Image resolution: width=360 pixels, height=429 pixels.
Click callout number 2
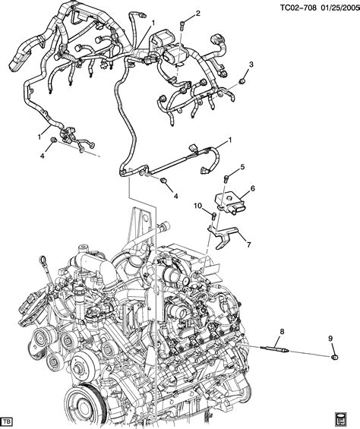[197, 14]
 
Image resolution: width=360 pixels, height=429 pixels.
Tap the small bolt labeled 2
[182, 27]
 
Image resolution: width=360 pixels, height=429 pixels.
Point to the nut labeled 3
[241, 79]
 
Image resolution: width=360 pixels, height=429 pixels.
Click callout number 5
[242, 167]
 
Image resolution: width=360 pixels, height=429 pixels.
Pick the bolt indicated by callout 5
[226, 178]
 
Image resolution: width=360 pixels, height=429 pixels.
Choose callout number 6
[252, 188]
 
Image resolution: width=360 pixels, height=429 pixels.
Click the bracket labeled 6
[232, 199]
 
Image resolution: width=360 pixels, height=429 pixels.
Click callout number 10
[197, 206]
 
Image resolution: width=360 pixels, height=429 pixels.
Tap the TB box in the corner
[11, 420]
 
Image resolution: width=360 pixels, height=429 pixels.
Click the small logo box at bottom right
[348, 419]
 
